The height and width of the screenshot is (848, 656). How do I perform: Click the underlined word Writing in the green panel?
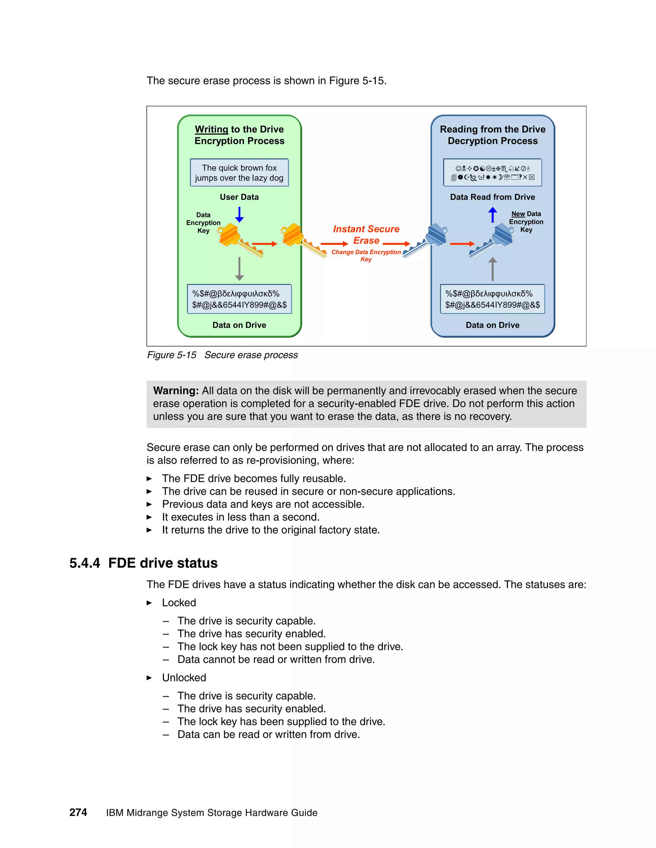coord(211,129)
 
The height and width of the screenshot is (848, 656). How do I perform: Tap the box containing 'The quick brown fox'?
coord(239,173)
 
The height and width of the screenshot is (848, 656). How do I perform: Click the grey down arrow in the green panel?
coord(239,269)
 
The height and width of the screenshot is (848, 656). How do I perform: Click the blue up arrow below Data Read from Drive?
coord(492,215)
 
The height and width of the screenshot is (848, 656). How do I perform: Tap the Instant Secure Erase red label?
coord(366,235)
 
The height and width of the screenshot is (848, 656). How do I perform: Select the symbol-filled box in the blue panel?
coord(492,173)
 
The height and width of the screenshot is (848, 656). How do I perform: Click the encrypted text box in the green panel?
coord(239,299)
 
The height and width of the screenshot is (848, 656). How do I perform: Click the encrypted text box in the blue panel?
coord(492,299)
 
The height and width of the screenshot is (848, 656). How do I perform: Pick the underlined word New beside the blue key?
coord(518,214)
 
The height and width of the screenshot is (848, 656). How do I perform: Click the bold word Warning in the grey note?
coord(176,391)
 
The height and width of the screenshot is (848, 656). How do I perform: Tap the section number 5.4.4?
coord(85,563)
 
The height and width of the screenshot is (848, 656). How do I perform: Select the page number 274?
coord(78,812)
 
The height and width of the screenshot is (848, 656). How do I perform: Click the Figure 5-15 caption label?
coord(171,355)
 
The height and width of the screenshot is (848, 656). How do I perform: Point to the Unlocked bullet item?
coord(184,677)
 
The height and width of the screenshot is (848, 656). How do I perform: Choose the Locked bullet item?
coord(179,603)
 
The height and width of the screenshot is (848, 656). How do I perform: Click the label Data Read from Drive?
coord(492,197)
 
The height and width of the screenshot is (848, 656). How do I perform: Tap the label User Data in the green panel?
coord(239,197)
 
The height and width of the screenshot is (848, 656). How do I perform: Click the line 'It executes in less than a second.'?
coord(241,517)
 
